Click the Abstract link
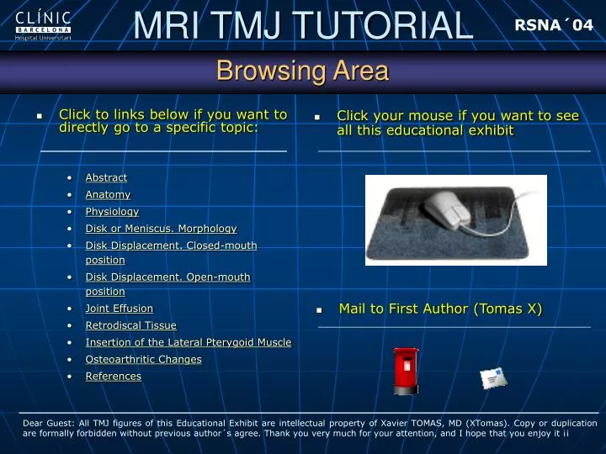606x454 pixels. (x=106, y=177)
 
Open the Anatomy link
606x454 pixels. (x=109, y=194)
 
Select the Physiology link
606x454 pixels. (x=112, y=212)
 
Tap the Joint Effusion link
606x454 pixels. (x=120, y=309)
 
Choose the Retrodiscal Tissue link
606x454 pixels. (x=131, y=325)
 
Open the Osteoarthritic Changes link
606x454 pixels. (x=144, y=360)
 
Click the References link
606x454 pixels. (x=114, y=377)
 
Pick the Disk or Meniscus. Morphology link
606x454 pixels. (x=161, y=229)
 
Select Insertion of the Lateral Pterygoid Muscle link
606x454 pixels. (x=189, y=342)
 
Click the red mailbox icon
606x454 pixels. (x=406, y=371)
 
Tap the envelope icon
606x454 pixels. (x=493, y=378)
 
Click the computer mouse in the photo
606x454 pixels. (x=449, y=209)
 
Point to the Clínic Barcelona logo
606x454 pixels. (x=43, y=26)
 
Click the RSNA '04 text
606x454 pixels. (x=554, y=25)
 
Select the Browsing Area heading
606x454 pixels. (x=303, y=71)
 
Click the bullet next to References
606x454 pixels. (x=70, y=377)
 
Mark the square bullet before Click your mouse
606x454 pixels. (x=317, y=117)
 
